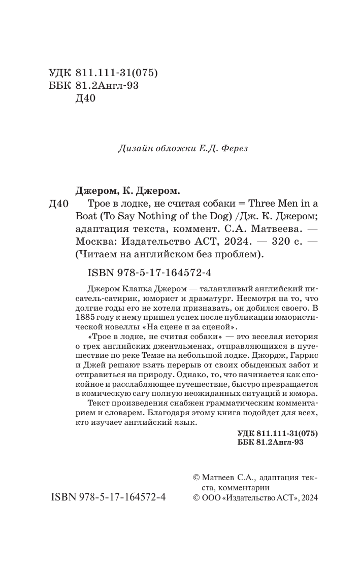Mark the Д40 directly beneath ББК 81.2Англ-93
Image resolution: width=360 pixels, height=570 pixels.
(85, 99)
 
